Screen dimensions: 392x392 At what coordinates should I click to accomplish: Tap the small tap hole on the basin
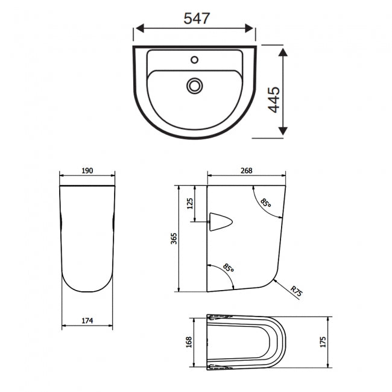coord(194,60)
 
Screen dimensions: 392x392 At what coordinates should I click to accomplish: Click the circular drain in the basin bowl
coord(194,86)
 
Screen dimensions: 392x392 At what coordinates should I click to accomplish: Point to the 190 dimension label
coord(87,171)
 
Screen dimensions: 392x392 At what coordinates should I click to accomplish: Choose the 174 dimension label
coord(87,320)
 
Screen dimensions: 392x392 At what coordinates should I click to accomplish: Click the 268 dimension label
coord(246,171)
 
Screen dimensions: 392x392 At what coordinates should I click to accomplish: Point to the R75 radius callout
coord(296,292)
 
